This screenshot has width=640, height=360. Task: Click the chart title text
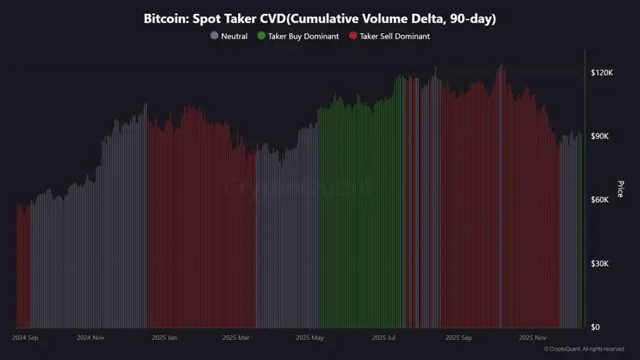[x=319, y=18]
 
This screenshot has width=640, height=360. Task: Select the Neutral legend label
[x=234, y=36]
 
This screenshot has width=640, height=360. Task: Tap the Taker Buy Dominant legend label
[x=303, y=36]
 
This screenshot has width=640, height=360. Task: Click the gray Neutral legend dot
[x=214, y=36]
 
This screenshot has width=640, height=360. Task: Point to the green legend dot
[x=262, y=36]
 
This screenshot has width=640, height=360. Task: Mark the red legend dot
[x=354, y=36]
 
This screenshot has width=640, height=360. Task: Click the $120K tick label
[x=601, y=73]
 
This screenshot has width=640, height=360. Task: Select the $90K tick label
[x=601, y=137]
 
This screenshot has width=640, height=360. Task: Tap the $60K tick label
[x=601, y=200]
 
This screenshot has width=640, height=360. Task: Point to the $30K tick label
[x=601, y=264]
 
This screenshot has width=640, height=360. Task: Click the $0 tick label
[x=596, y=328]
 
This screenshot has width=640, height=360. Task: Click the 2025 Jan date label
[x=164, y=338]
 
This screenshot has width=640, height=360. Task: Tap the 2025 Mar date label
[x=235, y=338]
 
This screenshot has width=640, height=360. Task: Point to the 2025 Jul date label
[x=383, y=338]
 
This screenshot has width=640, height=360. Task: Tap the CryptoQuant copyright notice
[x=584, y=349]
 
